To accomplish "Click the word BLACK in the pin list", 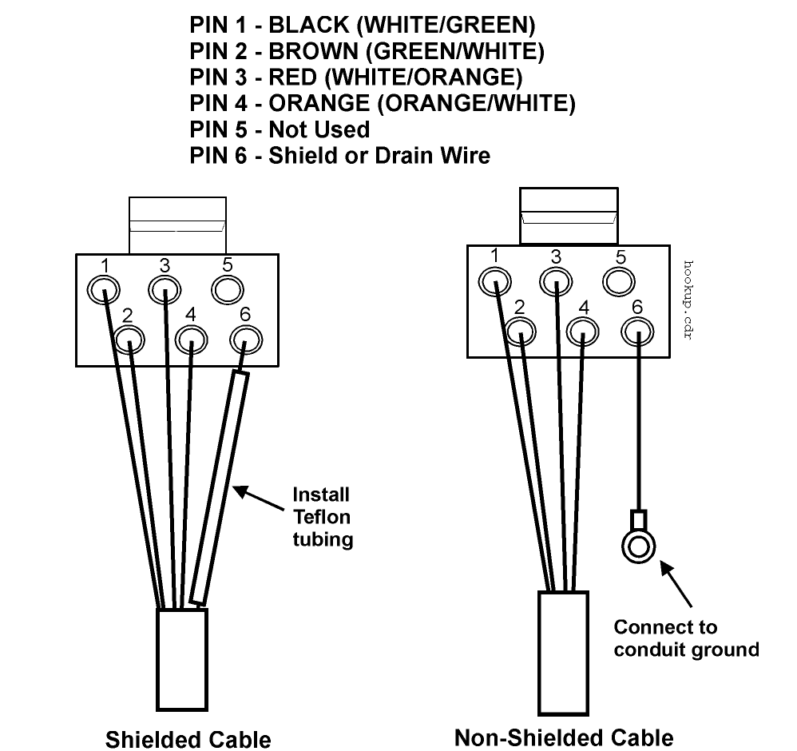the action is [x=308, y=25].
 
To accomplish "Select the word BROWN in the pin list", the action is [x=313, y=51].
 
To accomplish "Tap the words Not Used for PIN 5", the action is [x=319, y=129].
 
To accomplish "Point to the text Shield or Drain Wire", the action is [x=379, y=155].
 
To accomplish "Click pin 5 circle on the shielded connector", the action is [x=228, y=289].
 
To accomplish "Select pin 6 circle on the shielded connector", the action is [x=246, y=340].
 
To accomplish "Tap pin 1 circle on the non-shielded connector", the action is [x=494, y=281].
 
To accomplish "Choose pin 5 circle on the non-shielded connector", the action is [x=619, y=281].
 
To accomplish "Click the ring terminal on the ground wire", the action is [x=638, y=547].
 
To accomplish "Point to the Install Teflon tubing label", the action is [x=323, y=517].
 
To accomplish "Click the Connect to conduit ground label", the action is [x=686, y=638].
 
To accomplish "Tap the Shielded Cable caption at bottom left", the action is [x=188, y=739].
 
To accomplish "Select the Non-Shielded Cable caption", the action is [x=564, y=737].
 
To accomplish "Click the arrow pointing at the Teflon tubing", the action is [x=258, y=499].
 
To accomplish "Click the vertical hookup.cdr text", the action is [x=688, y=300].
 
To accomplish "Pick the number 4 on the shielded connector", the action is [x=191, y=314].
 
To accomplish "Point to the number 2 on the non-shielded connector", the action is [x=519, y=307].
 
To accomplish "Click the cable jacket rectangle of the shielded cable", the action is [x=182, y=659].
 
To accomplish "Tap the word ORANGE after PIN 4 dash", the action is [x=319, y=103].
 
